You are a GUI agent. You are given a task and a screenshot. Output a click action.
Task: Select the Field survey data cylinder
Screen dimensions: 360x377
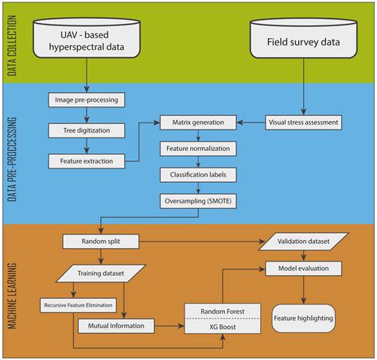(299, 39)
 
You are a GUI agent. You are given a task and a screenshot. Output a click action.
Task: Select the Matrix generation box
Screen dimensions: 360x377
(198, 122)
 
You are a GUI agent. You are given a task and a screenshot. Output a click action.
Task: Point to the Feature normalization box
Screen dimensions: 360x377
(198, 149)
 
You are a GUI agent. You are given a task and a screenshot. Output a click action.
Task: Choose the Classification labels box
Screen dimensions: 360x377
(198, 174)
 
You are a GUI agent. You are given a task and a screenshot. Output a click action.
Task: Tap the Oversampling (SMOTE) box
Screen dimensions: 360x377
(198, 199)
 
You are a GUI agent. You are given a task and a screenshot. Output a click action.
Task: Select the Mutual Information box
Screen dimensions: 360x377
(115, 325)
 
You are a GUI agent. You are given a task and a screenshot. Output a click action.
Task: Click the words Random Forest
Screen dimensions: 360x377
(223, 312)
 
